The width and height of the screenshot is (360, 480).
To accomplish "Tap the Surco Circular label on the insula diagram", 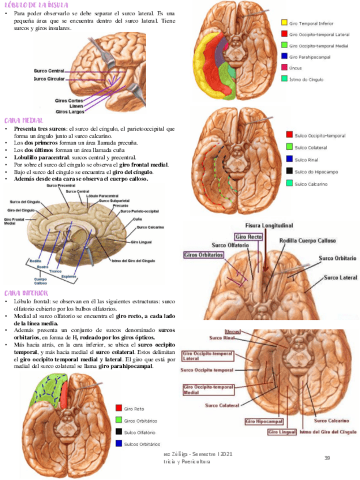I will point(48,79).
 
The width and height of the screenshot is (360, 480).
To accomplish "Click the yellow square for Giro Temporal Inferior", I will point(284,23).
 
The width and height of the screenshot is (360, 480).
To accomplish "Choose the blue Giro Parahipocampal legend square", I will point(284,57).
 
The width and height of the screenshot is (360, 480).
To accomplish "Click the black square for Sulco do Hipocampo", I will point(289,171).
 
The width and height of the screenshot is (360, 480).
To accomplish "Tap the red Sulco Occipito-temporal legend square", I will point(289,135).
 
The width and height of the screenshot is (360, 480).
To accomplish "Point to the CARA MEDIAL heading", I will point(24,121).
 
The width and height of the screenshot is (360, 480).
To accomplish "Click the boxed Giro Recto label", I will point(248,237).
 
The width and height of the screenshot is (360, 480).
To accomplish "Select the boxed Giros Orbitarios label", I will point(203,255).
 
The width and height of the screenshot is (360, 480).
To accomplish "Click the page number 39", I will point(327,457).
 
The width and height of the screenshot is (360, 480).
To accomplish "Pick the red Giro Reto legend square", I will point(119,408).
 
